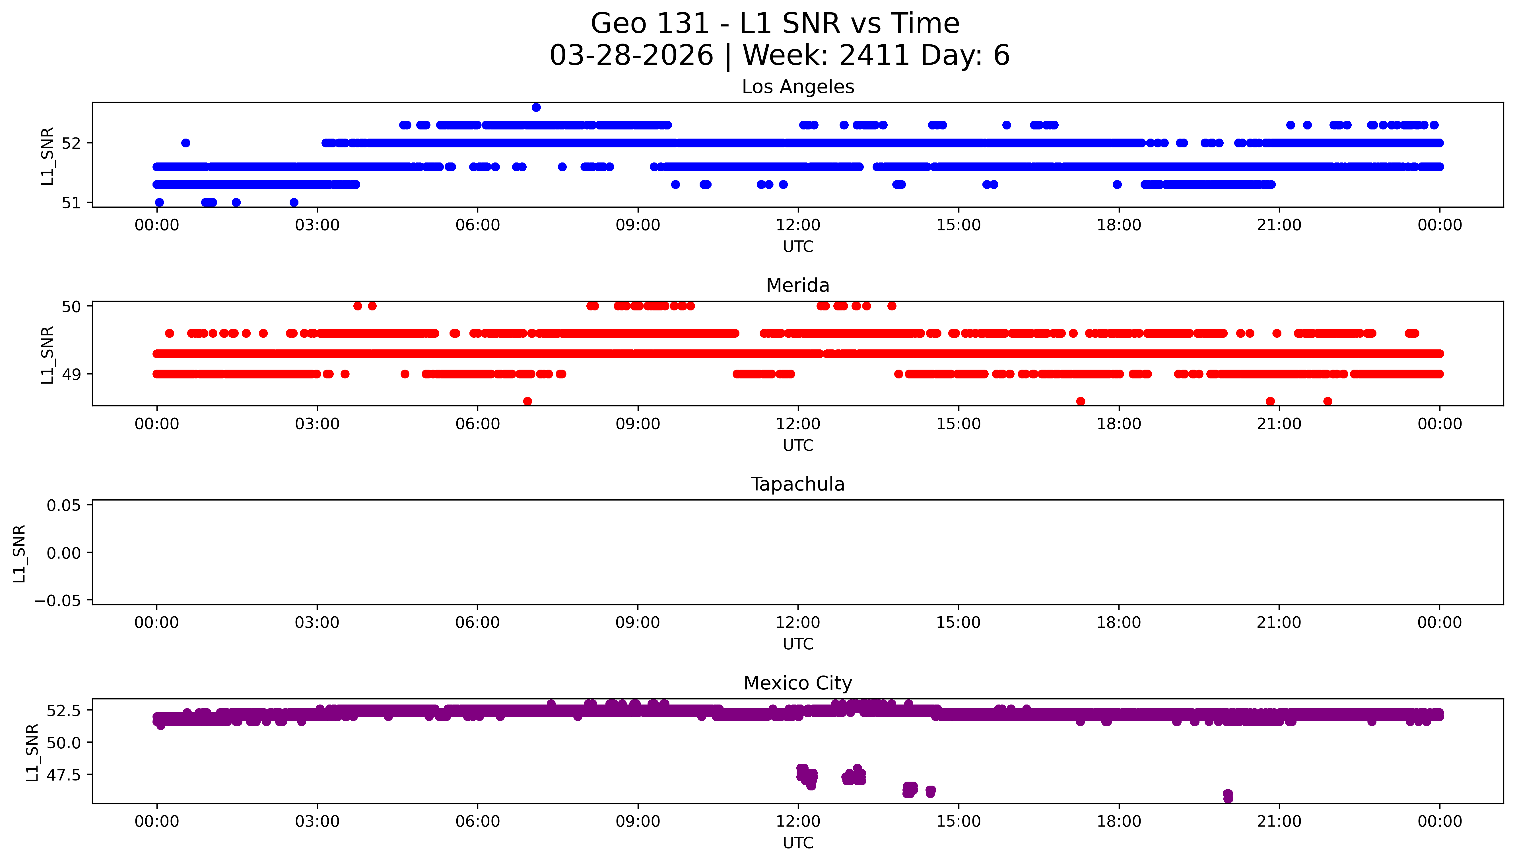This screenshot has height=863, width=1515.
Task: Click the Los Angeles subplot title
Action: click(797, 86)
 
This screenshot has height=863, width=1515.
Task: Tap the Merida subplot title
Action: click(797, 285)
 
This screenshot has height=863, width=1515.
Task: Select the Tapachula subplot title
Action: click(797, 484)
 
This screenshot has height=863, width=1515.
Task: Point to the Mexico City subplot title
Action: click(797, 683)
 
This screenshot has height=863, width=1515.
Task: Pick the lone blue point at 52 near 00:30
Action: click(185, 143)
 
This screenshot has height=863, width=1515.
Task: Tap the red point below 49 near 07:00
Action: click(527, 401)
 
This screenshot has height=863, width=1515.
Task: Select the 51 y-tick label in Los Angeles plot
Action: click(71, 203)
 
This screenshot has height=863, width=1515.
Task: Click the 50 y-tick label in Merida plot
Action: click(71, 306)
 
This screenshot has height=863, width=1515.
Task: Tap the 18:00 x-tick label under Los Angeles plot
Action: click(1119, 225)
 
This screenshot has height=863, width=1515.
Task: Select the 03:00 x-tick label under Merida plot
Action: click(317, 424)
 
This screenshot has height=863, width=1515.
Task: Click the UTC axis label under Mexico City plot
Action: click(797, 842)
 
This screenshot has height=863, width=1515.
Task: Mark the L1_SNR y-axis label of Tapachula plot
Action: click(20, 553)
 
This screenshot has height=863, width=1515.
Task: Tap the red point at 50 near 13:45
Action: click(892, 306)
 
